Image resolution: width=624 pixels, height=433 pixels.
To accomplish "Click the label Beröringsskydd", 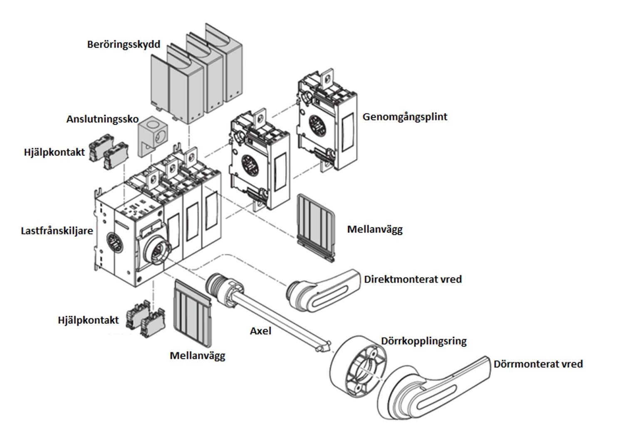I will click(x=124, y=44).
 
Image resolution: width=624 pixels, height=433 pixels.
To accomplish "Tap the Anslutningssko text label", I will click(x=102, y=119).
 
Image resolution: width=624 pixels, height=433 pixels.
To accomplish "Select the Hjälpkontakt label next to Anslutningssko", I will click(x=54, y=153).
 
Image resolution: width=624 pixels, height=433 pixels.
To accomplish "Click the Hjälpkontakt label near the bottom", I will click(x=88, y=320).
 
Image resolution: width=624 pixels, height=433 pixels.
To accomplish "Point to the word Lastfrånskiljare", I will click(x=57, y=231).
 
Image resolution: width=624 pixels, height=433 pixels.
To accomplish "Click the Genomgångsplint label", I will click(x=405, y=117).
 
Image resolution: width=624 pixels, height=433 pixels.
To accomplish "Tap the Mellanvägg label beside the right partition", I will click(x=375, y=229).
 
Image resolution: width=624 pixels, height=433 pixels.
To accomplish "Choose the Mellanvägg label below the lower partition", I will click(x=197, y=356).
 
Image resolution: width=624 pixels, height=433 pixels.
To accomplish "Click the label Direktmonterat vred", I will click(x=413, y=279).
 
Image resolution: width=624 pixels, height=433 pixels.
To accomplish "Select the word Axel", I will click(x=260, y=331).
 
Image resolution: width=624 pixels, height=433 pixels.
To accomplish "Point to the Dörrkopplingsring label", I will click(x=424, y=341).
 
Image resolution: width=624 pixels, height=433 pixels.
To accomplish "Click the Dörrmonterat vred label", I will click(x=538, y=364).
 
